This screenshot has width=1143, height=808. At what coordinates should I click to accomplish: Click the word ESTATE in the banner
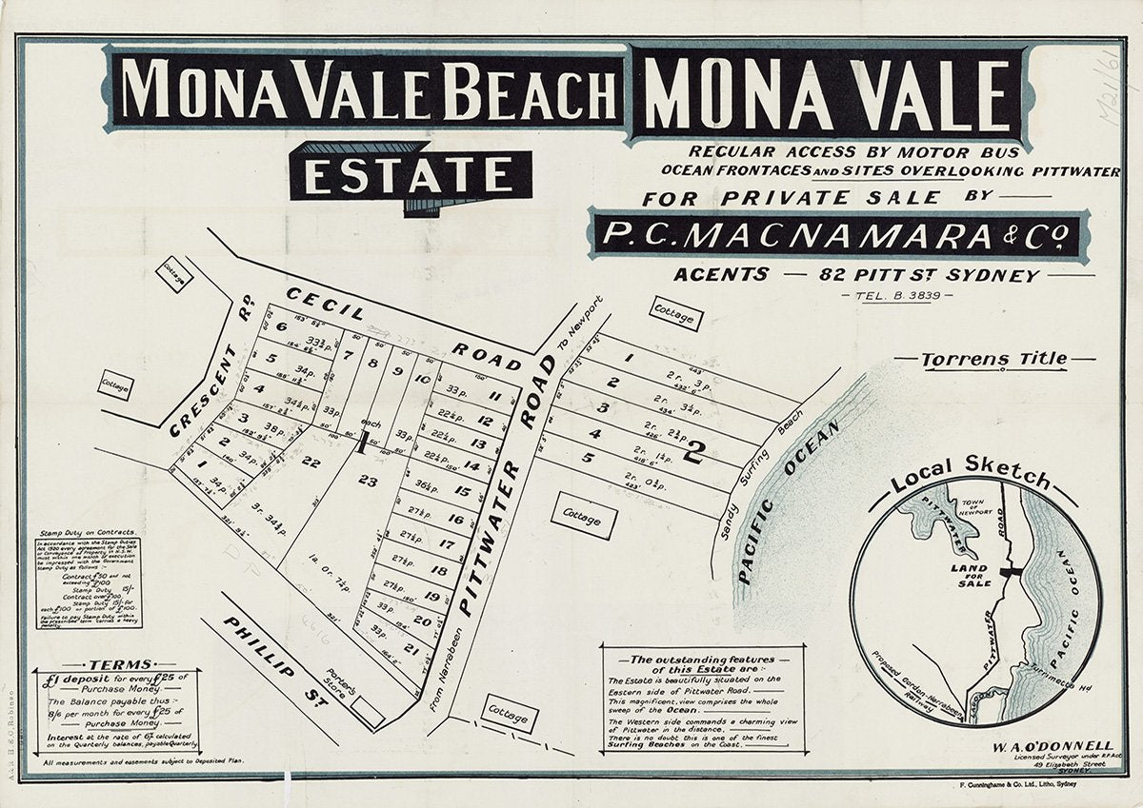pyautogui.click(x=411, y=173)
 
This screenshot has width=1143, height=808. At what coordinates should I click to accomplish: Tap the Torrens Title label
pyautogui.click(x=994, y=360)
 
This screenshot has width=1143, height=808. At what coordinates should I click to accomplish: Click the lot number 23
pyautogui.click(x=368, y=481)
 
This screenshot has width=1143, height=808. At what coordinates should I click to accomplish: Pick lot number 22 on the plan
pyautogui.click(x=311, y=462)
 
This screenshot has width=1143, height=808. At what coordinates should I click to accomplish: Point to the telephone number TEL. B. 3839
pyautogui.click(x=885, y=297)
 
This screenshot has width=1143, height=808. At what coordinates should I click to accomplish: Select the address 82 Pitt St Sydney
pyautogui.click(x=929, y=275)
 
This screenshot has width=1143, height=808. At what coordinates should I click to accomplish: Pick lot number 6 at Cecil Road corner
pyautogui.click(x=282, y=326)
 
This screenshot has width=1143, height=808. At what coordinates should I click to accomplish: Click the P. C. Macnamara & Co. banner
pyautogui.click(x=838, y=234)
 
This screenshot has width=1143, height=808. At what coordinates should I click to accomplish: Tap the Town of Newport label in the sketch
pyautogui.click(x=981, y=503)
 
